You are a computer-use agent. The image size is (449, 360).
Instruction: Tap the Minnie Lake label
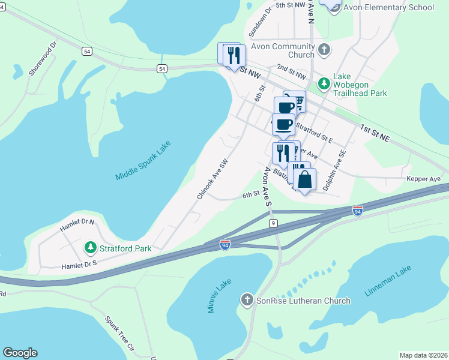point(220,299)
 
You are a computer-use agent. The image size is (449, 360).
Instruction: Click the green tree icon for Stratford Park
point(90,247)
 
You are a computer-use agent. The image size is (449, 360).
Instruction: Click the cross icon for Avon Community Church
point(324,49)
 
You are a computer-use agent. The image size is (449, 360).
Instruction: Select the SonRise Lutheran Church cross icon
point(246,299)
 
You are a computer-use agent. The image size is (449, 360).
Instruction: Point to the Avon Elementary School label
point(388,8)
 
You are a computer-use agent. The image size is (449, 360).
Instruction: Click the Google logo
point(20,353)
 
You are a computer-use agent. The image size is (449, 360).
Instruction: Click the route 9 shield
point(273,223)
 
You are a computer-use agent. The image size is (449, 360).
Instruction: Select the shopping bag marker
point(305,179)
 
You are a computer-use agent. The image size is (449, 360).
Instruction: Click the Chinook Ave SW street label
point(213,180)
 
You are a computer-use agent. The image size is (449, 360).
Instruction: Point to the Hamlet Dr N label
point(77,225)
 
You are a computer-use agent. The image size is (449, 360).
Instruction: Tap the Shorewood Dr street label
point(43,59)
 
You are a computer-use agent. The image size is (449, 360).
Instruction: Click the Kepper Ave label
point(423,179)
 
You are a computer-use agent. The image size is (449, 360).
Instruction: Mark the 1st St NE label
point(375,134)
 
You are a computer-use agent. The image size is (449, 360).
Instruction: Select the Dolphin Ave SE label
point(334,171)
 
